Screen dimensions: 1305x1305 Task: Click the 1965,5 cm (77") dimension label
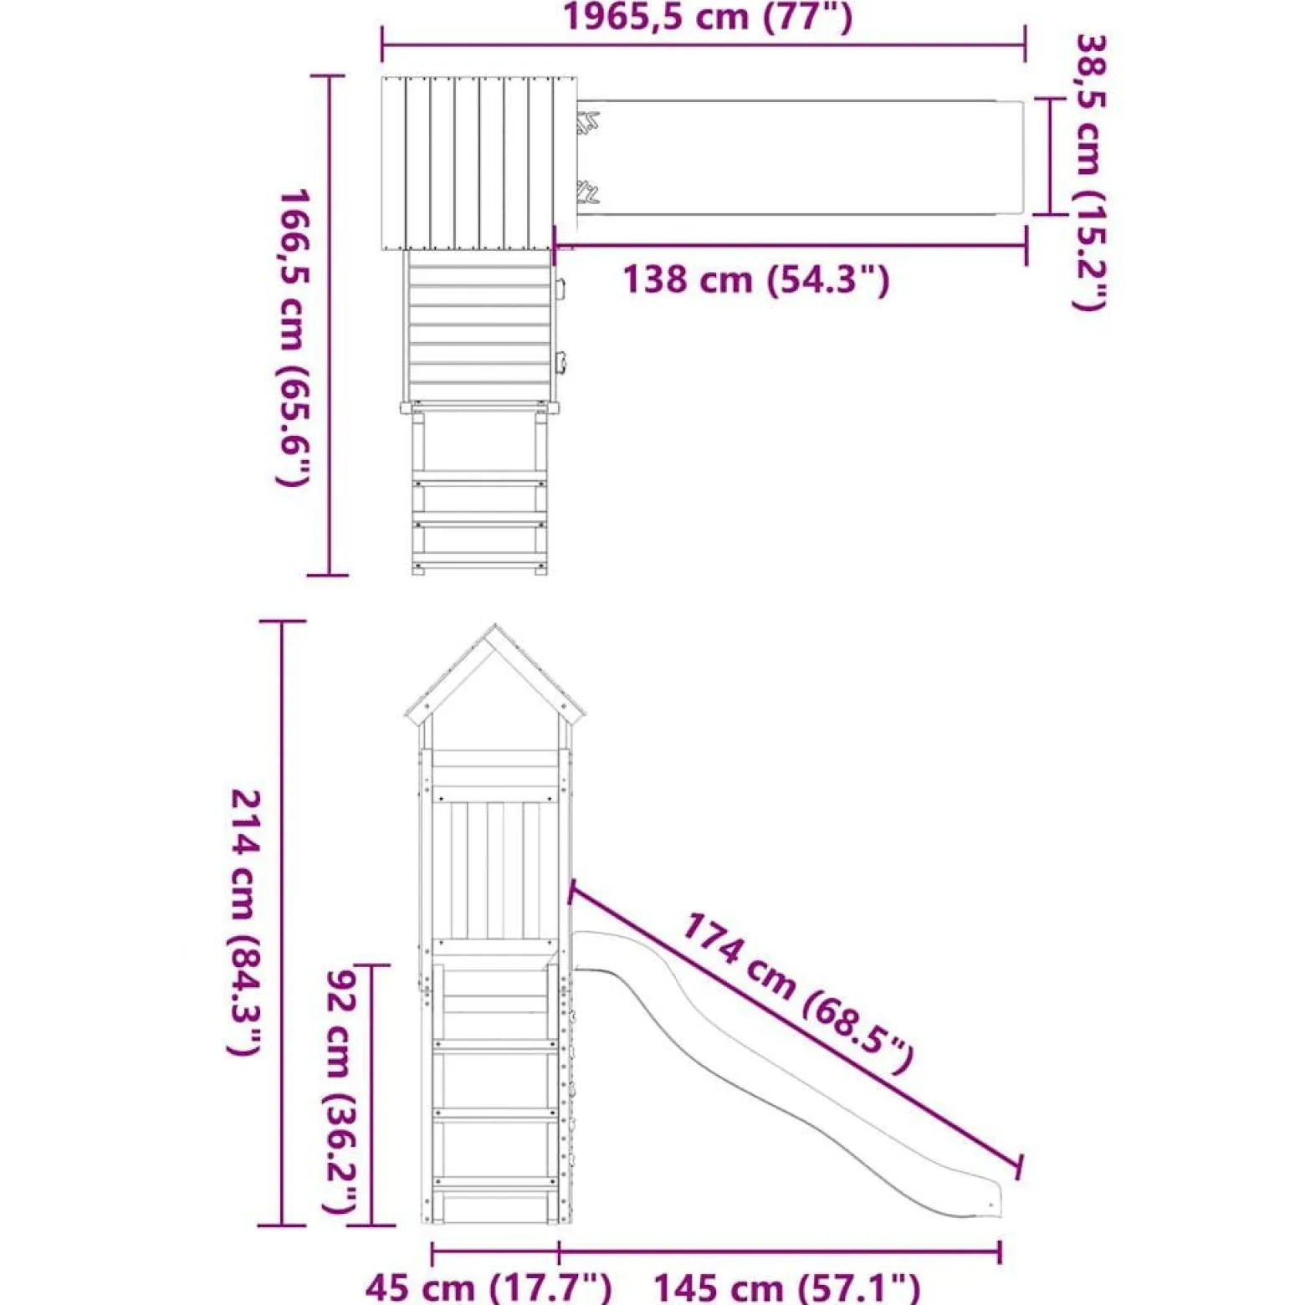click(x=708, y=17)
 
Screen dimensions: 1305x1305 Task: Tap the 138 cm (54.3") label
click(x=756, y=279)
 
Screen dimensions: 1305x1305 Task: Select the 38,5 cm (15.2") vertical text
click(x=1090, y=171)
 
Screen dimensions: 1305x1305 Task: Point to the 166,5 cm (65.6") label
click(x=294, y=337)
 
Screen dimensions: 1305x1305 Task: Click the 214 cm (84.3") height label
click(x=246, y=922)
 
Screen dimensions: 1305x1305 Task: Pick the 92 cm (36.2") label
click(x=341, y=1092)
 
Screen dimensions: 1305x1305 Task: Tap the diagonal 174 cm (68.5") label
click(x=797, y=992)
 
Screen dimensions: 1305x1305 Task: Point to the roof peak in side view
click(x=495, y=626)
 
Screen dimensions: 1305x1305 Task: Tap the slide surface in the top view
click(x=799, y=157)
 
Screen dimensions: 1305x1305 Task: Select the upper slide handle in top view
click(x=587, y=124)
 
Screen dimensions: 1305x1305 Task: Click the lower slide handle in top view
click(x=587, y=192)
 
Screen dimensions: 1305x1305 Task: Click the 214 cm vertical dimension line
click(x=282, y=924)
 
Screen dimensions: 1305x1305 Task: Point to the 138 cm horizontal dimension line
click(x=791, y=246)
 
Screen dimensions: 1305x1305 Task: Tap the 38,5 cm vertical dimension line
click(x=1049, y=156)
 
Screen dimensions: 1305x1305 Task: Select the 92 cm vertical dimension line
click(x=371, y=1095)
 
